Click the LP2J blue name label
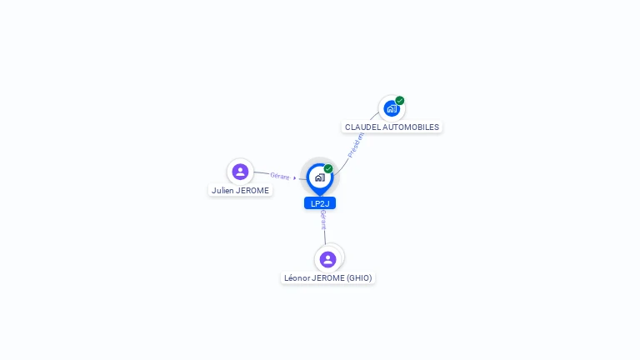320,203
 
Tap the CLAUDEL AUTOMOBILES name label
392,127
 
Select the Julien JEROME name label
240,190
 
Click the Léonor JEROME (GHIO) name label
327,278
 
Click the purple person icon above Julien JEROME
240,172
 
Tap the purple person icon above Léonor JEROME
327,259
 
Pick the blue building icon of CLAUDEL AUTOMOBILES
392,108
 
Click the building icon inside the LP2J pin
320,177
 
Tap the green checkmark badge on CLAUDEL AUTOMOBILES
400,100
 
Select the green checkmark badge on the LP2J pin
328,168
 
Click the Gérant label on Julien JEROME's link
280,176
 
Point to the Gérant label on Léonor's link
323,220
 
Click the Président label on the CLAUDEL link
355,145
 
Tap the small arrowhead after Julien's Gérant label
294,178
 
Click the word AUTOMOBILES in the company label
411,127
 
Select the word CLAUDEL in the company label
362,127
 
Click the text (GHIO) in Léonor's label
359,278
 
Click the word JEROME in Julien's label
252,190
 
